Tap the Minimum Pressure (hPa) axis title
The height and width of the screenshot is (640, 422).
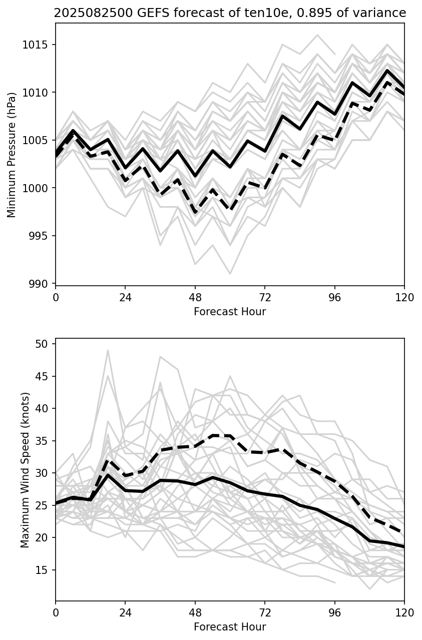point(12,155)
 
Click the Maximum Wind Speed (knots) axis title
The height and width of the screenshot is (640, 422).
point(26,470)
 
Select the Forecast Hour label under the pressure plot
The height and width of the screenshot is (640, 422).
point(230,312)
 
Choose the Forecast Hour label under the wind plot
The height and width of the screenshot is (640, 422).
point(230,627)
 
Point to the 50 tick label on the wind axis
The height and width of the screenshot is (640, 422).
point(41,344)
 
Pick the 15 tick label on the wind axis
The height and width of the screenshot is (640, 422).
point(41,570)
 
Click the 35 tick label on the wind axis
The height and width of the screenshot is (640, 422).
point(41,441)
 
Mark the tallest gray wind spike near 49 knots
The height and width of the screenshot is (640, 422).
point(108,350)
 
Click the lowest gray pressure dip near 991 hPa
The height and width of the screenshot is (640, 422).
point(230,274)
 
